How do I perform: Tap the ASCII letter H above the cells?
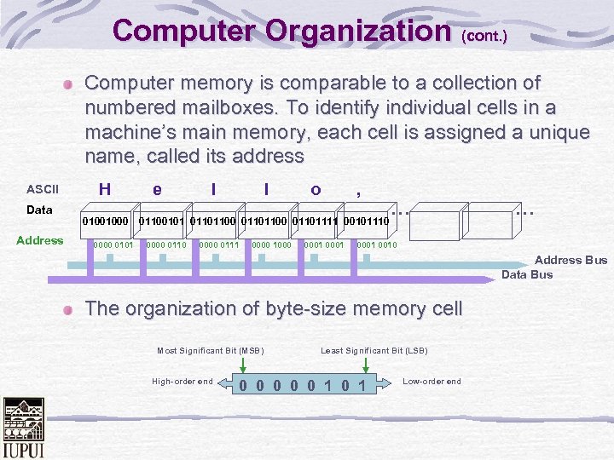tap(104, 189)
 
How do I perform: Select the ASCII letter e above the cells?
tap(157, 189)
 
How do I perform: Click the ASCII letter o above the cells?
tap(316, 189)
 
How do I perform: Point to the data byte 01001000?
tap(105, 221)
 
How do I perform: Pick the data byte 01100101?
tap(162, 221)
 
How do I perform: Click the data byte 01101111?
tap(316, 221)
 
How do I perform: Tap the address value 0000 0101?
tap(113, 245)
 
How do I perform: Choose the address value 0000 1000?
tap(272, 245)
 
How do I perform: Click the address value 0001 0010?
tap(376, 245)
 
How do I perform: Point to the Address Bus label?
tap(571, 260)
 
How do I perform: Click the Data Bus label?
tap(527, 274)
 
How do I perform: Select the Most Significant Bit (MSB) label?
tap(211, 351)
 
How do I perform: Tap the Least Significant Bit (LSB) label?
tap(374, 351)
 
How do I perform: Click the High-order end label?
tap(182, 381)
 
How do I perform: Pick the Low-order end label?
tap(432, 381)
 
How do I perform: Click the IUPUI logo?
tap(23, 428)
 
